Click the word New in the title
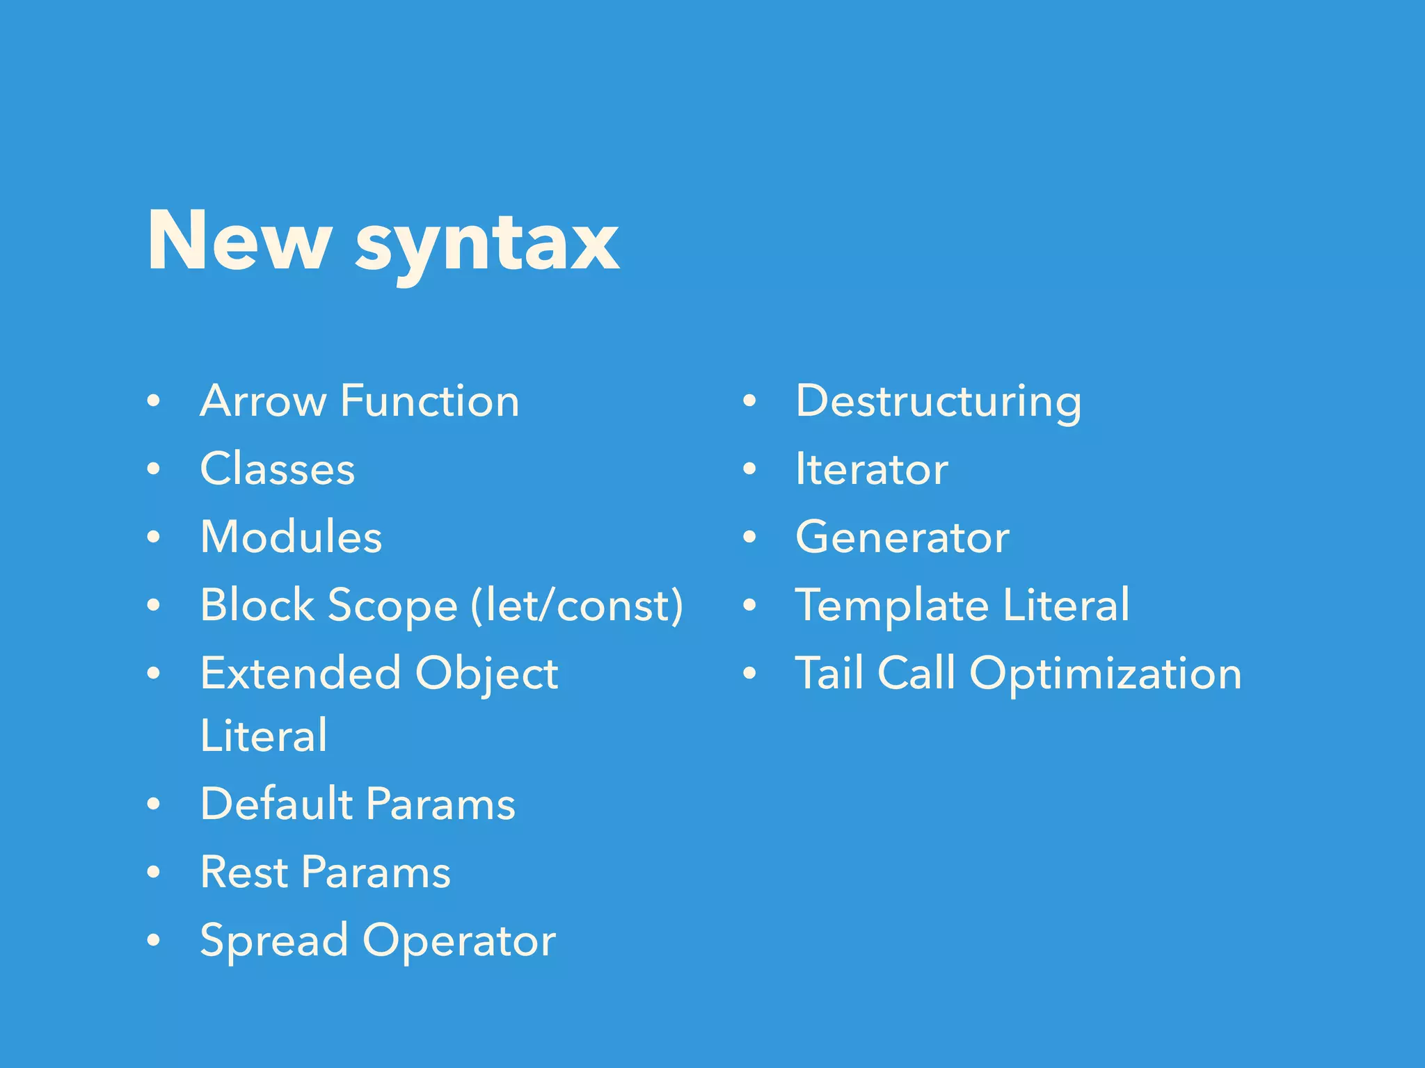pos(238,241)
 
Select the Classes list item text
pos(278,469)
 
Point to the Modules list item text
pos(291,537)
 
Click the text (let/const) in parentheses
pos(577,605)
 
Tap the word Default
pos(276,804)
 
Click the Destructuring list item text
pos(939,403)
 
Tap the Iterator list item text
pos(872,469)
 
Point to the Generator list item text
pos(902,537)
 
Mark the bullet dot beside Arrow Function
pos(154,401)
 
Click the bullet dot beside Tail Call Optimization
pos(749,673)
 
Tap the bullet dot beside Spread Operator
pos(154,940)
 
